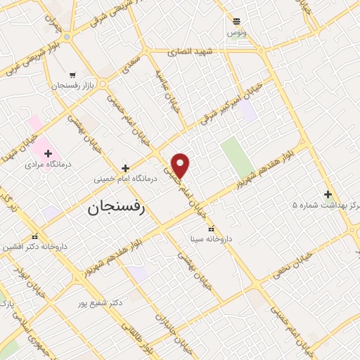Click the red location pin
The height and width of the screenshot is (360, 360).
[181, 165]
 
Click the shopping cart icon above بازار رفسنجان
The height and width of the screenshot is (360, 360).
[72, 75]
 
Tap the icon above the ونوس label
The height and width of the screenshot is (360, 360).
[237, 21]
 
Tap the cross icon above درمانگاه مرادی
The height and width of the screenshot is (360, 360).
[48, 152]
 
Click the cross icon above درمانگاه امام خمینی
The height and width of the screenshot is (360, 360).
[125, 168]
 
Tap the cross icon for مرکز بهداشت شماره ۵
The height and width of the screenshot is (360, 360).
[328, 194]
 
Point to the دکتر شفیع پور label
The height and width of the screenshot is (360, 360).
[101, 302]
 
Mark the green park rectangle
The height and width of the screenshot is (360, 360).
[237, 157]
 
